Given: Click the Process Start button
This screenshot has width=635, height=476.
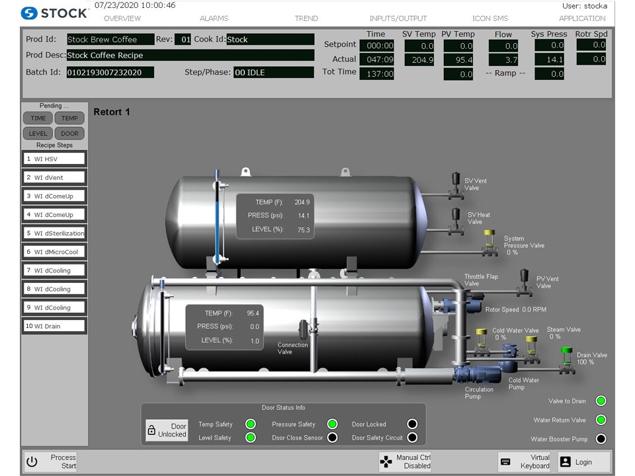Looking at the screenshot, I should (x=52, y=461).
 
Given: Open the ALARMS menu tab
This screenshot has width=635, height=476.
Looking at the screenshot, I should (x=214, y=19).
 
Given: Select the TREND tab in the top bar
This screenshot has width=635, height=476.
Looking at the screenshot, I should (x=306, y=19).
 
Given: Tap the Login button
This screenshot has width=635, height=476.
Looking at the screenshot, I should (x=584, y=461).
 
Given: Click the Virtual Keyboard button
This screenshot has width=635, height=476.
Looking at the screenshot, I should (x=525, y=461).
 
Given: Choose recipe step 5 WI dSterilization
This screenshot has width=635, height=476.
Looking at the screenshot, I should (x=54, y=233).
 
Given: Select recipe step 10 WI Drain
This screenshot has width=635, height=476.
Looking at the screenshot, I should (x=54, y=326).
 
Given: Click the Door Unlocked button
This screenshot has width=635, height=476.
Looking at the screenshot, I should (x=168, y=430).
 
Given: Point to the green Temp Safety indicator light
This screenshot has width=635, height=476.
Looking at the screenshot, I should (x=251, y=424).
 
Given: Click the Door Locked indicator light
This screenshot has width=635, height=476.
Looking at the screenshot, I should (x=412, y=424).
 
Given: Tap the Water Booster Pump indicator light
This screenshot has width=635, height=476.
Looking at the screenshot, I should (x=601, y=439).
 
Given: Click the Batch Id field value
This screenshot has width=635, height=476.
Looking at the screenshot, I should (x=110, y=73).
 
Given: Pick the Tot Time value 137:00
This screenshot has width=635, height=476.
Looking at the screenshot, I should (x=377, y=74).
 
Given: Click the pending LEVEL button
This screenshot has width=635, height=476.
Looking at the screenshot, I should (x=38, y=134).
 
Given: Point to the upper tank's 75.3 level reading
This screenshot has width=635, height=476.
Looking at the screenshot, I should (x=303, y=230).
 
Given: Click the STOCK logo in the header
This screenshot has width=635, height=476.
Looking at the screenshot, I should (x=54, y=13).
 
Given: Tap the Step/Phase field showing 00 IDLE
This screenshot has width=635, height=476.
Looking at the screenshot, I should (x=273, y=73).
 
